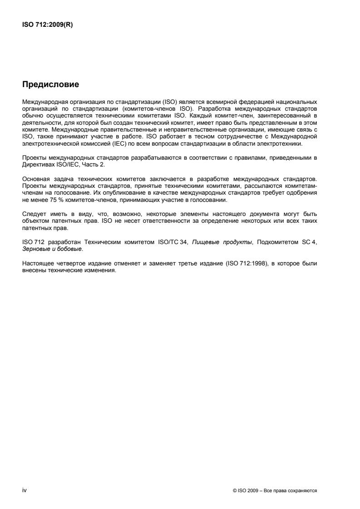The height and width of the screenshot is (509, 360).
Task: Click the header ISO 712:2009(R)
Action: pos(47,25)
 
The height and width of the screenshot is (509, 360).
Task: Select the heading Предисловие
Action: pos(50,84)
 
